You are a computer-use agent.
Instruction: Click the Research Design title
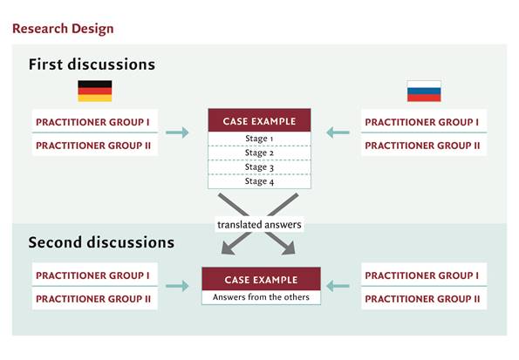63,29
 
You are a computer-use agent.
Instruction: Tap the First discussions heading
92,65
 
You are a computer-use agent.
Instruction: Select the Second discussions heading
101,242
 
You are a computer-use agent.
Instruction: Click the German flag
95,91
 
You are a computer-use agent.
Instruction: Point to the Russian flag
424,91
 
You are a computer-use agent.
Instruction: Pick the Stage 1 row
259,139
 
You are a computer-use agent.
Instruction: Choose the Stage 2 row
259,153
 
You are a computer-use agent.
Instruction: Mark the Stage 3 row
259,167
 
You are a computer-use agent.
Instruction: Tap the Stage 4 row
259,181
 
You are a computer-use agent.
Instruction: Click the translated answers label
259,225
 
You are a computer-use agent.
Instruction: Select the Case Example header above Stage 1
259,121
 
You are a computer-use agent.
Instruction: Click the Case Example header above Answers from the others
261,279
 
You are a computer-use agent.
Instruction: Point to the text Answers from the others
261,297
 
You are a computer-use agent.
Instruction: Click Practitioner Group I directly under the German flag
92,122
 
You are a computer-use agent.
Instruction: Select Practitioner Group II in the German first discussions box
93,146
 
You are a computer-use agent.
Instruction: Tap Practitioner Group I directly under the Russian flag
421,122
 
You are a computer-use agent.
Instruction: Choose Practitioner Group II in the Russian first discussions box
422,146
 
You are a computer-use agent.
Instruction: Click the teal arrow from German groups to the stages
177,132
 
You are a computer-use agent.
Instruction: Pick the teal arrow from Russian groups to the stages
338,132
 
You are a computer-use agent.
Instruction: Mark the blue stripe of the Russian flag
424,91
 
